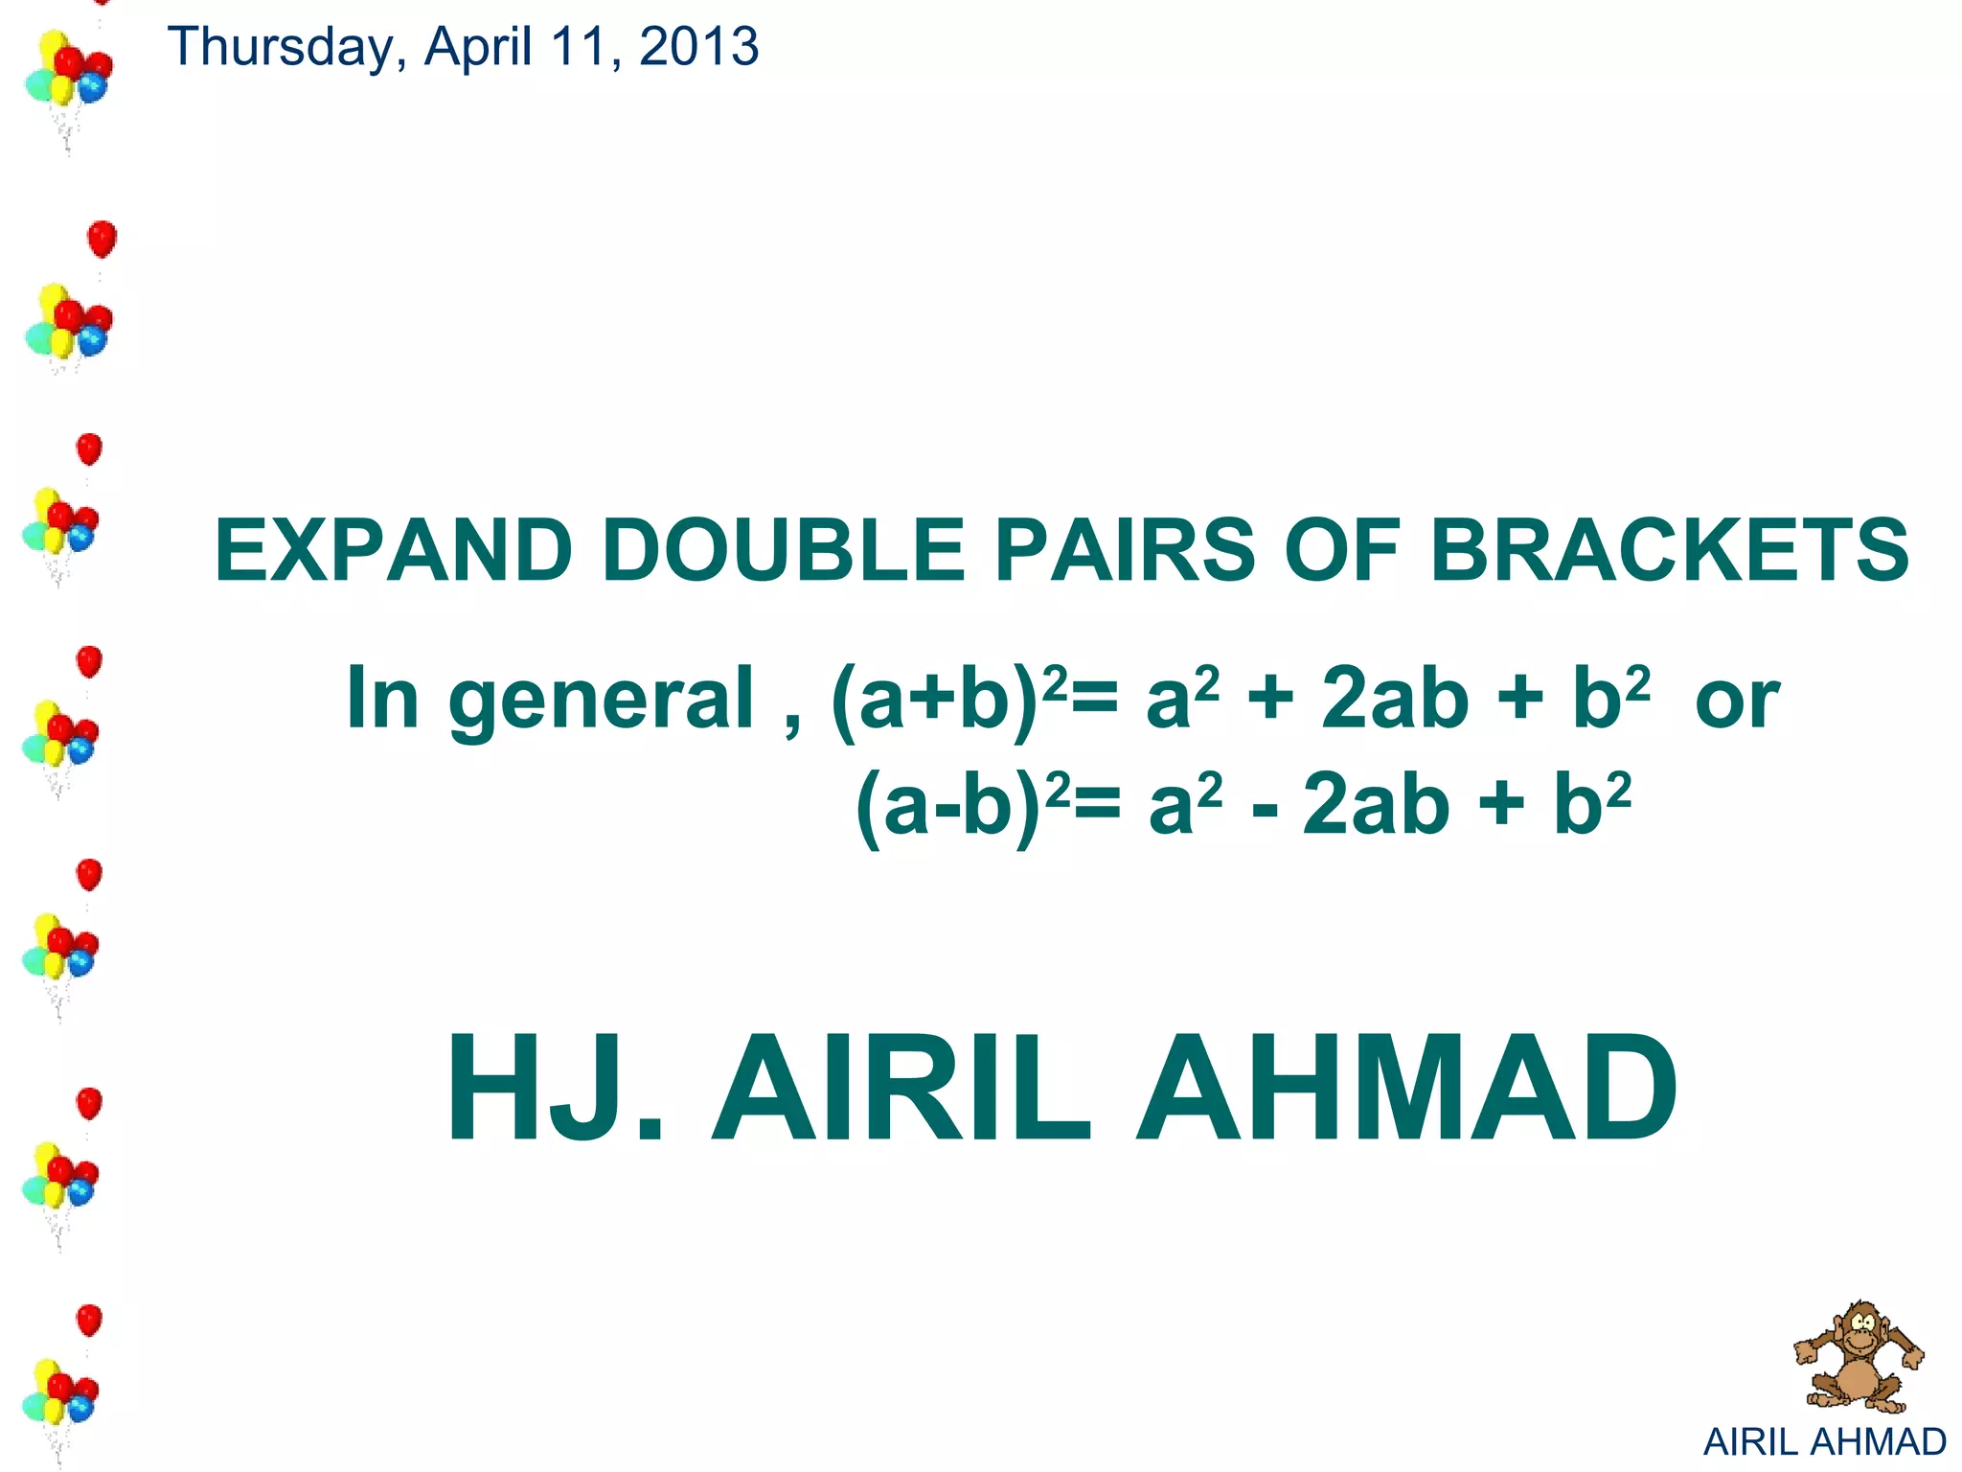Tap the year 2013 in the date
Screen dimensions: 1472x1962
[x=698, y=46]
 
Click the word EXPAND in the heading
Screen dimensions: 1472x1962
[x=394, y=550]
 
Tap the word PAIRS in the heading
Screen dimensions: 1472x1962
[x=1125, y=550]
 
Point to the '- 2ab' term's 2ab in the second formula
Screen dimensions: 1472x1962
[x=1376, y=806]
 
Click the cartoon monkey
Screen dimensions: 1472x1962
[x=1858, y=1356]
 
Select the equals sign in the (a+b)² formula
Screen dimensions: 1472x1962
[x=1094, y=700]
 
